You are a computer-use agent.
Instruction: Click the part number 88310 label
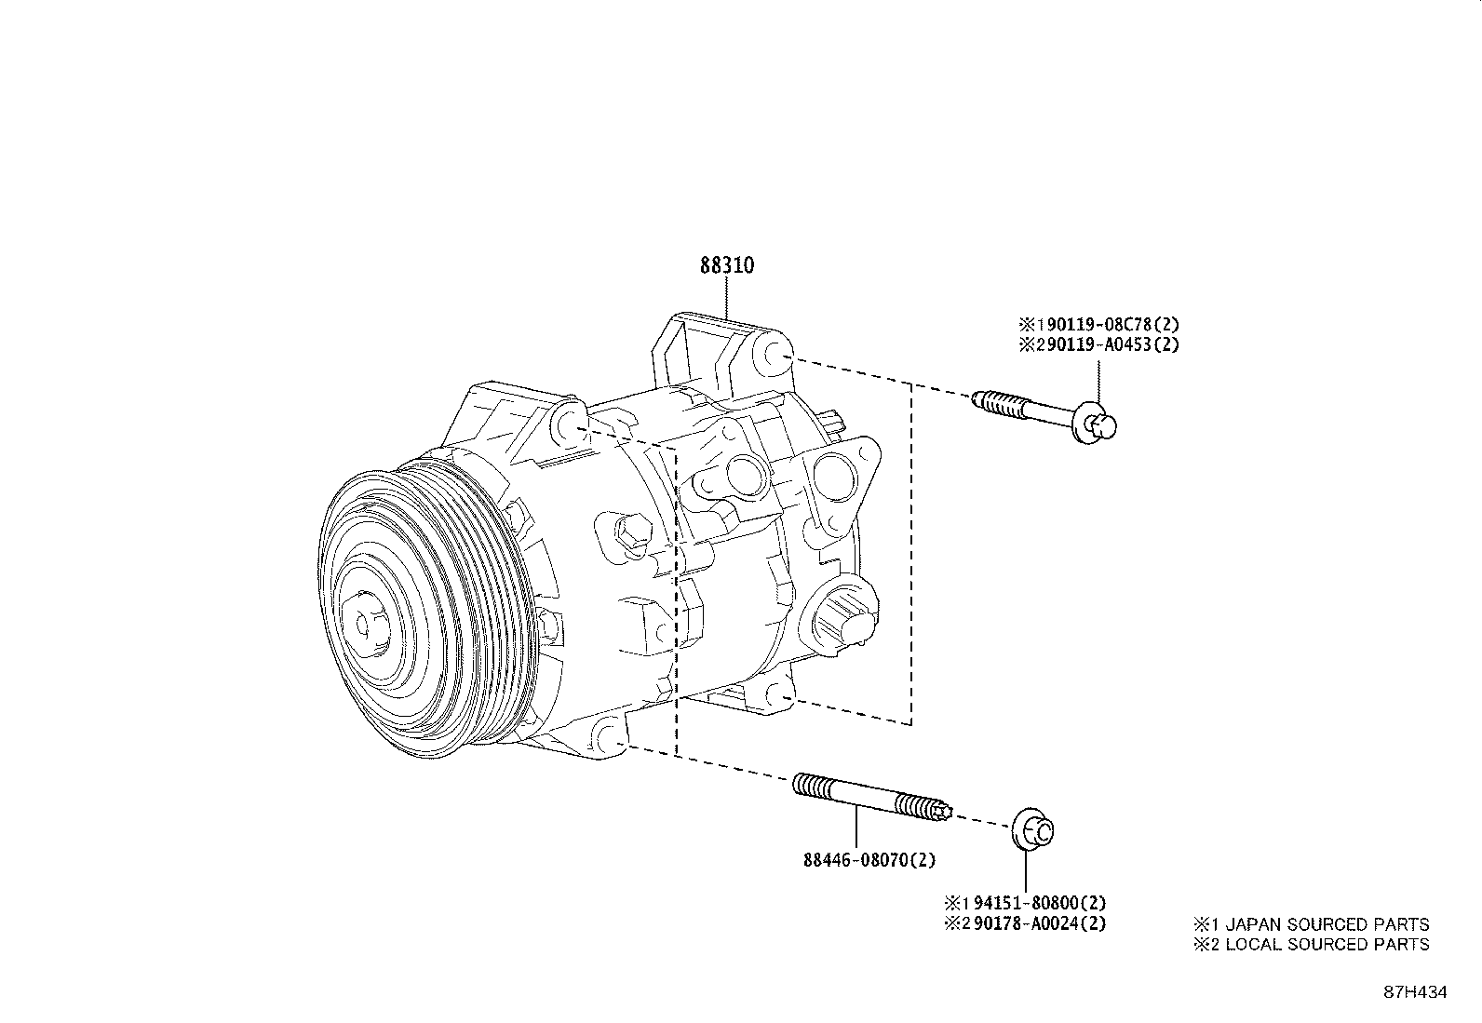click(727, 265)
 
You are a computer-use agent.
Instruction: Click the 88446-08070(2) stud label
click(869, 861)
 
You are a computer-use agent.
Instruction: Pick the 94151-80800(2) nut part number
click(1033, 902)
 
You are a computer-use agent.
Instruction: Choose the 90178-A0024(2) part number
click(1033, 923)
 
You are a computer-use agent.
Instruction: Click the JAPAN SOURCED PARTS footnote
click(1313, 924)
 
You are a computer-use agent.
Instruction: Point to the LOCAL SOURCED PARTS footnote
click(1313, 944)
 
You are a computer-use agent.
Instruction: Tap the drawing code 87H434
click(1415, 992)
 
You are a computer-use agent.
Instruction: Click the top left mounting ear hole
click(567, 424)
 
